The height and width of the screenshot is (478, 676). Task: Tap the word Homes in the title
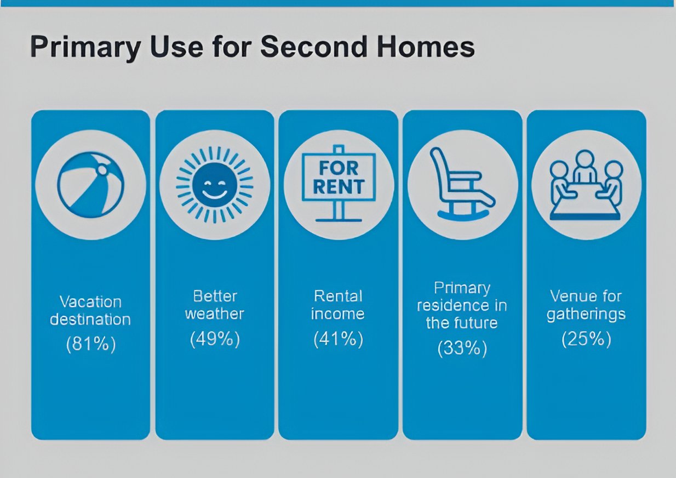tap(426, 47)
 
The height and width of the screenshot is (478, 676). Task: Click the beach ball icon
tap(90, 185)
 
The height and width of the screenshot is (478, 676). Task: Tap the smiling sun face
tap(215, 185)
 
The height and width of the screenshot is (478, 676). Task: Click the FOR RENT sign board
tap(339, 177)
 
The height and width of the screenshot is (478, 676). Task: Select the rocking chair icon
tap(462, 183)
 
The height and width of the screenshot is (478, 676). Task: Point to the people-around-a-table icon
tap(586, 185)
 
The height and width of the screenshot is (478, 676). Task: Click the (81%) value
tap(91, 344)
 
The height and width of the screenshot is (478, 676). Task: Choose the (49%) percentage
tap(215, 339)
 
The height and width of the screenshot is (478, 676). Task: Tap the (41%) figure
tap(339, 339)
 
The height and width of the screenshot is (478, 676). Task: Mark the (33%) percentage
tap(462, 349)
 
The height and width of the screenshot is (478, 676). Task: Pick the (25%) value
tap(586, 339)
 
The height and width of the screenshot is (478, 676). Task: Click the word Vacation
tap(90, 301)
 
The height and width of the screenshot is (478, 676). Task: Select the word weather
tap(215, 314)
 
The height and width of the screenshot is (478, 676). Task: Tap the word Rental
tap(338, 296)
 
